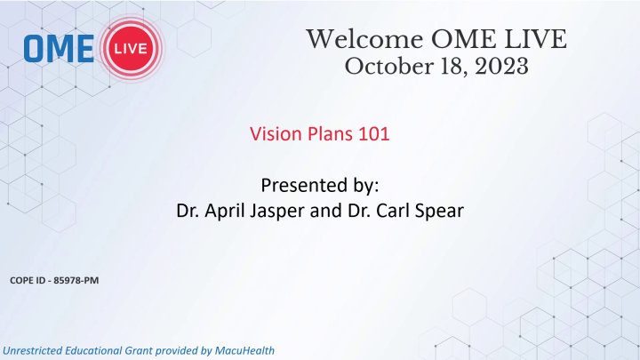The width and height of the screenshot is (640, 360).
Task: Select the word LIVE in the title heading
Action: [x=533, y=40]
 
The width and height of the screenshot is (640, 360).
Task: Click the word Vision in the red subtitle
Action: [x=274, y=137]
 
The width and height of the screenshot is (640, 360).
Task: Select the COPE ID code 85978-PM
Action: [x=76, y=282]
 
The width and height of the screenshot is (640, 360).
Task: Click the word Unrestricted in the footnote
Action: [x=35, y=350]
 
